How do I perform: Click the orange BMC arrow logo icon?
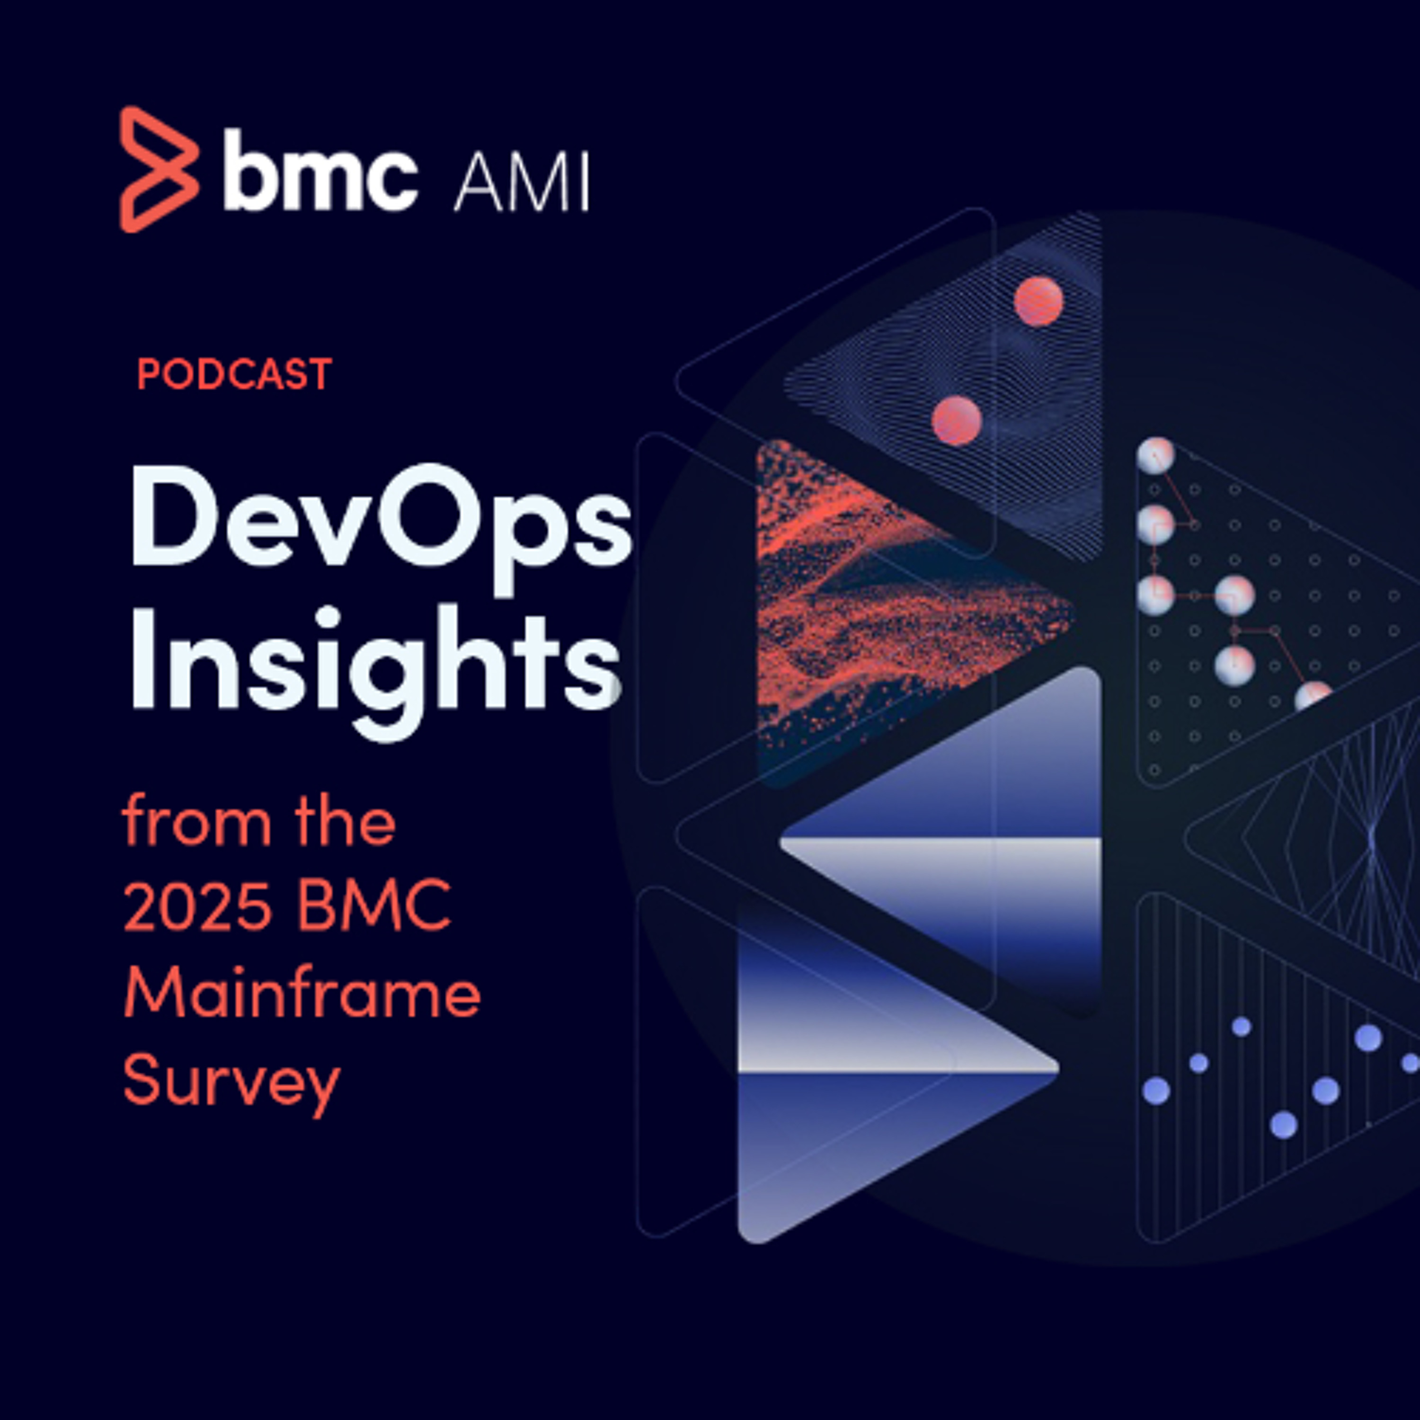(x=159, y=169)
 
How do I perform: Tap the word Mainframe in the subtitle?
(x=302, y=992)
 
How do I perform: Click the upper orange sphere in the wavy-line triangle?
(x=1038, y=302)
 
